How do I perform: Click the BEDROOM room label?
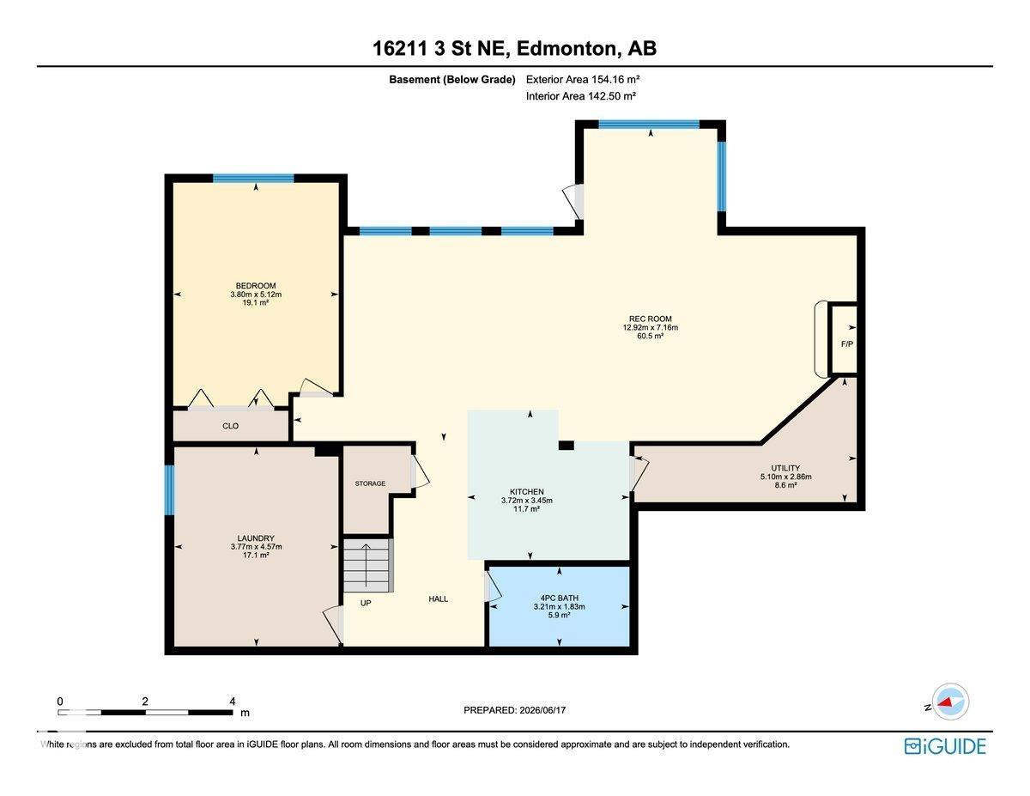click(256, 286)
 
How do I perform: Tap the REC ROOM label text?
click(650, 319)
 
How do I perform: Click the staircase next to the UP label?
click(367, 565)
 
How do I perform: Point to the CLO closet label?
click(230, 426)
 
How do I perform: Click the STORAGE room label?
click(370, 483)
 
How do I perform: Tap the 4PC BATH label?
click(560, 599)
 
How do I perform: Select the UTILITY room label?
click(785, 468)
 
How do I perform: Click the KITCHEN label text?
click(527, 492)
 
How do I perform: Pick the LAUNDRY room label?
click(256, 538)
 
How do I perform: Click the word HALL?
click(439, 599)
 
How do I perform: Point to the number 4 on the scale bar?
click(233, 702)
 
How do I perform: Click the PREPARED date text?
click(515, 710)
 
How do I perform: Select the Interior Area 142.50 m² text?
click(580, 96)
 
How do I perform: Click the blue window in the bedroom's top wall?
click(253, 179)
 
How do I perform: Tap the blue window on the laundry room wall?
click(169, 490)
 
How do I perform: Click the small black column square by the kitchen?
click(566, 446)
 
